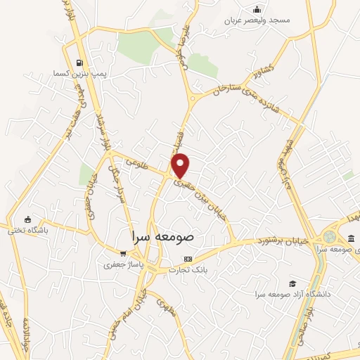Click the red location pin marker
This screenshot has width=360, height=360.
click(x=181, y=165)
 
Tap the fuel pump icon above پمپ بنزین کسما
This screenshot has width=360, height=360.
click(x=78, y=62)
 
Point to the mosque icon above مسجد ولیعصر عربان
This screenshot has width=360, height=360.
click(x=257, y=9)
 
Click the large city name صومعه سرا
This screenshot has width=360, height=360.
click(x=162, y=238)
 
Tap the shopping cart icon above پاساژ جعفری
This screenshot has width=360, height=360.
click(x=123, y=254)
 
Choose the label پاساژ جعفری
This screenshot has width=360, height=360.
click(x=118, y=264)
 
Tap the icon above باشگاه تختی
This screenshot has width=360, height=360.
click(x=27, y=219)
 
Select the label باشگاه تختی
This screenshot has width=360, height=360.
click(x=26, y=230)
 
